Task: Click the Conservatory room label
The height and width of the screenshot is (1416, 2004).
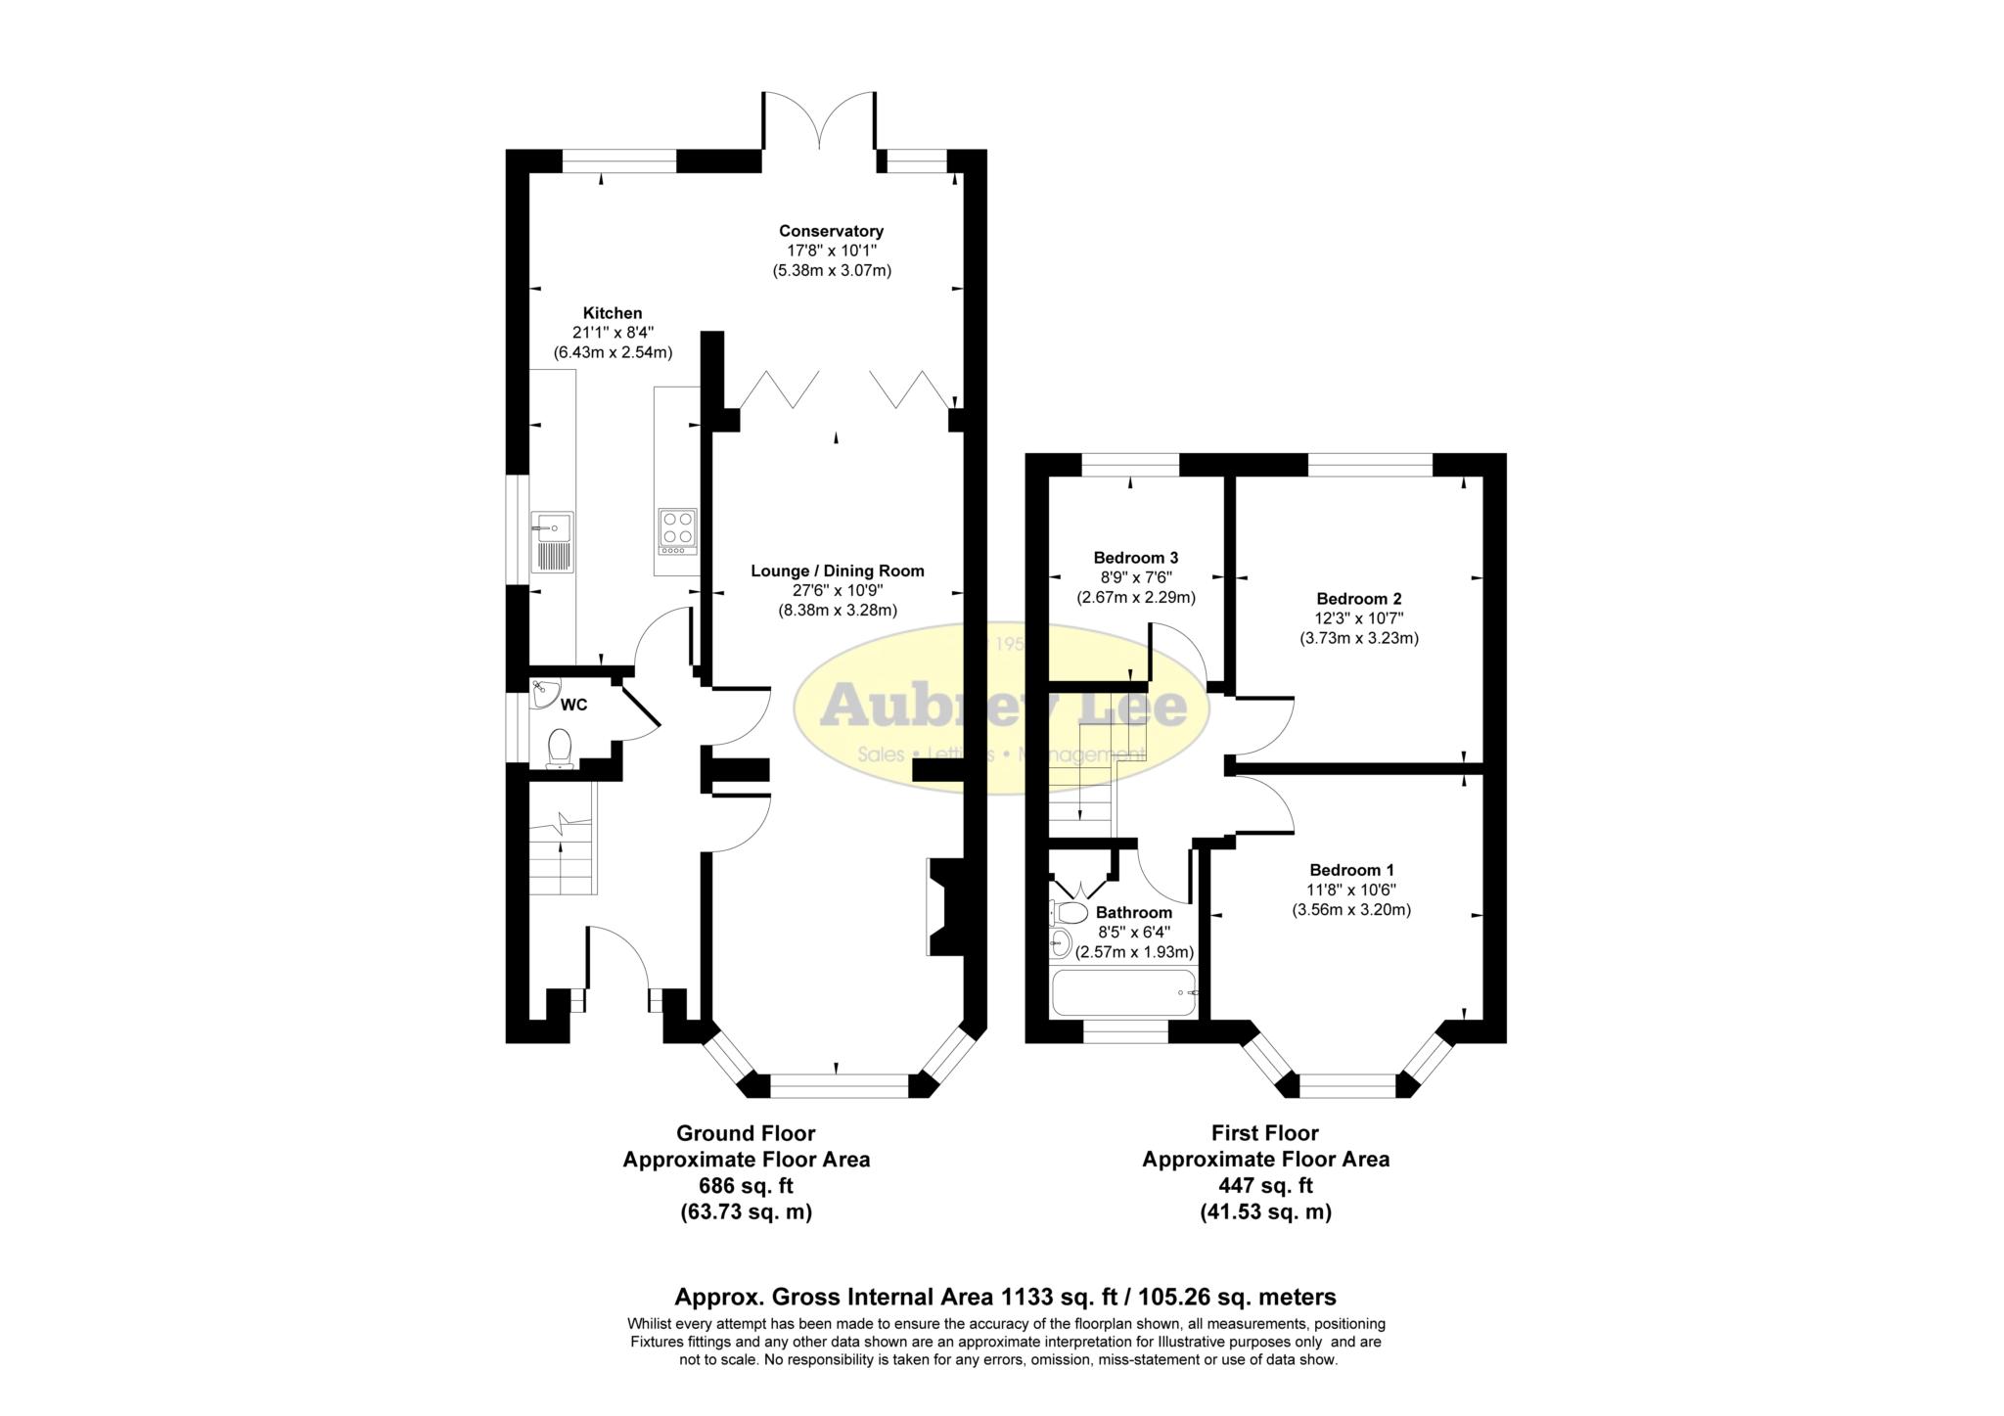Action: pyautogui.click(x=831, y=231)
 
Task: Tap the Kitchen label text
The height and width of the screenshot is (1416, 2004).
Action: pyautogui.click(x=613, y=313)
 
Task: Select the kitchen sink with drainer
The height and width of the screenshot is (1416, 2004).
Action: pyautogui.click(x=552, y=541)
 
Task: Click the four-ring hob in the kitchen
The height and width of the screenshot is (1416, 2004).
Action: pyautogui.click(x=677, y=532)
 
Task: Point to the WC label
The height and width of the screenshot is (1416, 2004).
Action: pyautogui.click(x=574, y=705)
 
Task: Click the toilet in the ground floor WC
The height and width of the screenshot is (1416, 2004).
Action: pyautogui.click(x=560, y=749)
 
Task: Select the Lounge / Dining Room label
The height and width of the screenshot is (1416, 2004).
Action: pyautogui.click(x=837, y=571)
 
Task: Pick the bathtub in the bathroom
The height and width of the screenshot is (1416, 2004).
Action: pyautogui.click(x=1122, y=993)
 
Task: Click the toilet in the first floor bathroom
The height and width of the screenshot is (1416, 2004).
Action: pyautogui.click(x=1069, y=913)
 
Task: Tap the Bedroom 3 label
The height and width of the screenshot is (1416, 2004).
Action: pyautogui.click(x=1136, y=558)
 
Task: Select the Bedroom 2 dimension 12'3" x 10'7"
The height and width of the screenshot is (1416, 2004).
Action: pyautogui.click(x=1359, y=618)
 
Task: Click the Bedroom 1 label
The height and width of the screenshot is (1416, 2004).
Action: pyautogui.click(x=1351, y=870)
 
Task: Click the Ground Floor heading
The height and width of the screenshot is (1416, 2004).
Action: pyautogui.click(x=746, y=1133)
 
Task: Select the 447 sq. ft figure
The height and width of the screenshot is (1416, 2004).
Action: pyautogui.click(x=1265, y=1186)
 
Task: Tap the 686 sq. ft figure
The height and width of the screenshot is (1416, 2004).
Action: pyautogui.click(x=746, y=1186)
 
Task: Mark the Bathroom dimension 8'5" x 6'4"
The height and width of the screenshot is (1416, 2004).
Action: pyautogui.click(x=1134, y=933)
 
